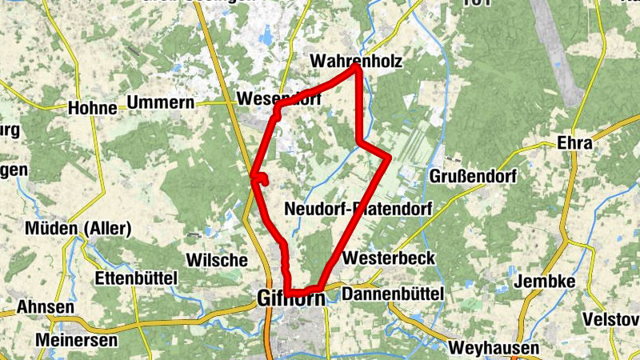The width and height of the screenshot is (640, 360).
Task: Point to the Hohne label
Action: click(92, 107)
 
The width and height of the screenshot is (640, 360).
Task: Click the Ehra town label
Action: click(577, 144)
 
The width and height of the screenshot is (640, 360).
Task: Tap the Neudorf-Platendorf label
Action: click(358, 210)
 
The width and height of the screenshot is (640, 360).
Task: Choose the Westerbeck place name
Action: click(388, 258)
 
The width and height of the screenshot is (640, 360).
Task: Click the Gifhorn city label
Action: click(291, 298)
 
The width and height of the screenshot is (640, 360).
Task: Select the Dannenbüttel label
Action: click(392, 295)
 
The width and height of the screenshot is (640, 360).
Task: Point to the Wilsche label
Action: click(216, 260)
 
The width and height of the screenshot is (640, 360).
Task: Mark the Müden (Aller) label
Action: click(78, 230)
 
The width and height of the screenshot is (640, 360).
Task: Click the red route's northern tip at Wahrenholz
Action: click(356, 68)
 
